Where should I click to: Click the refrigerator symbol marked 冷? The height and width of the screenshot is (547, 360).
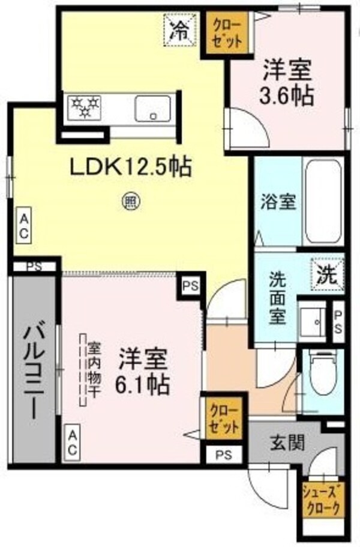point(181,29)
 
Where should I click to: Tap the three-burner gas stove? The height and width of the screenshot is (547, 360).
point(85,107)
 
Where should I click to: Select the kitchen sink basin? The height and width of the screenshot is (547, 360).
point(153,108)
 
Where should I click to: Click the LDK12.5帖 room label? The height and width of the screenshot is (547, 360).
point(131,167)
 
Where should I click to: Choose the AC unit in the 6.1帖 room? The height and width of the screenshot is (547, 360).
point(72,443)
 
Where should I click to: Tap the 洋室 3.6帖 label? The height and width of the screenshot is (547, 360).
point(287,83)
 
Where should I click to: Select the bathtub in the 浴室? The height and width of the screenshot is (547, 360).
point(323,202)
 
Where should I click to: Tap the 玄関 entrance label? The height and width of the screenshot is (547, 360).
point(287,443)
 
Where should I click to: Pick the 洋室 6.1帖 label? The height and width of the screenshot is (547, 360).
point(143,372)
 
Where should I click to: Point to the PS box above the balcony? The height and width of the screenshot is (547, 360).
point(35,267)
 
